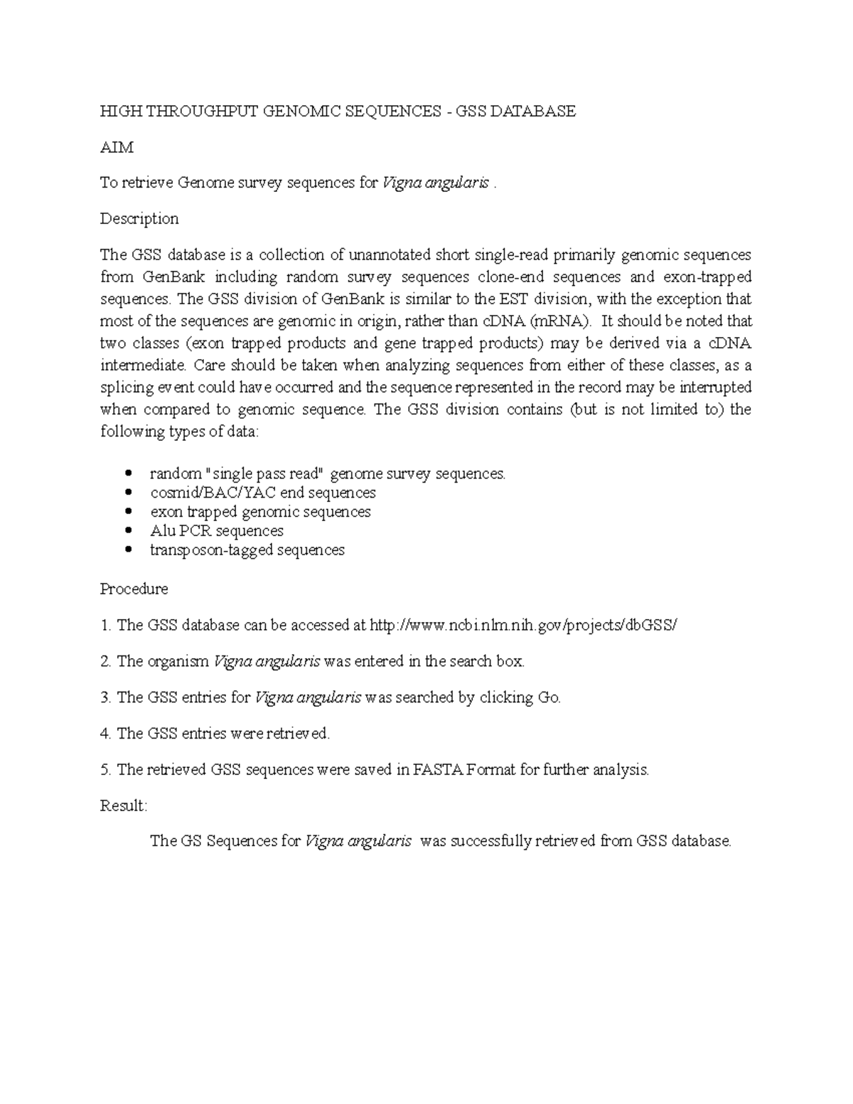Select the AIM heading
(116, 147)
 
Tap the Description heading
(139, 219)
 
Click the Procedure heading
(134, 589)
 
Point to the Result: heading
(123, 805)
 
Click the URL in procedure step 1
(524, 626)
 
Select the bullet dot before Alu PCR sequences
(129, 531)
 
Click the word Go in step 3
(549, 697)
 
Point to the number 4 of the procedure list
(104, 734)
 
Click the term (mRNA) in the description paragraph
(561, 321)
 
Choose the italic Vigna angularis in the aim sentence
(435, 183)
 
